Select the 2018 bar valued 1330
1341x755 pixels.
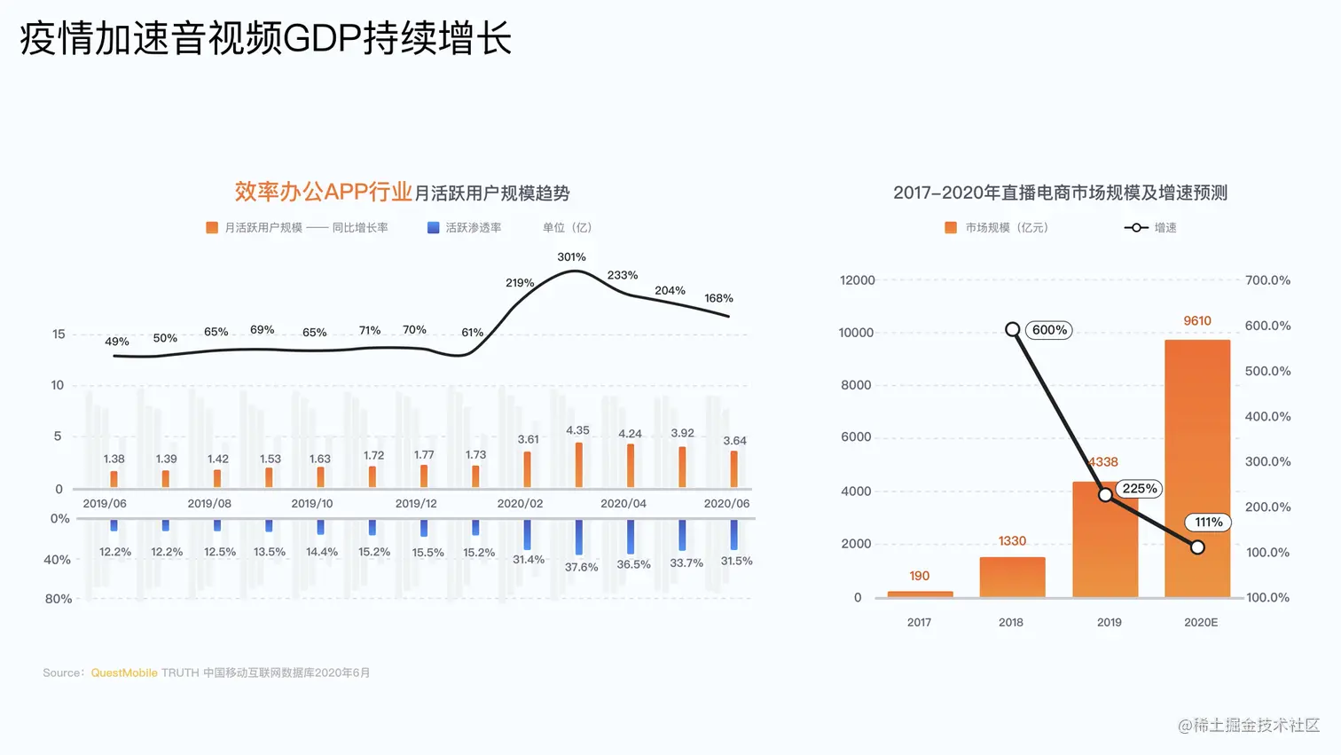[1012, 577]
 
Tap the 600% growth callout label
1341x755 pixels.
[1049, 330]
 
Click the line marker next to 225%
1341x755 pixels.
[1105, 495]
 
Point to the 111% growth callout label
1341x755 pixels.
[1208, 523]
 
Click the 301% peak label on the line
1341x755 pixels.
[571, 257]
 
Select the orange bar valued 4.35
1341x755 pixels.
[578, 465]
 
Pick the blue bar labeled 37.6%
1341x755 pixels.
[578, 537]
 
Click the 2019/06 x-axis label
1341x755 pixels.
[105, 503]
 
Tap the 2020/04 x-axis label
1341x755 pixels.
[623, 503]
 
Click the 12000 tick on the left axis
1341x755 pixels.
[857, 280]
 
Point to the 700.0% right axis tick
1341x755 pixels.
[1267, 280]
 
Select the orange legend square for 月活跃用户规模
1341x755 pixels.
[212, 228]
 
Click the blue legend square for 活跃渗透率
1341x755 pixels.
[434, 228]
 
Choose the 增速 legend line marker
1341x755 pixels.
[1135, 228]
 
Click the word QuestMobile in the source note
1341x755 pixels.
[124, 673]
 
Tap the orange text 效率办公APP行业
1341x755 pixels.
[323, 192]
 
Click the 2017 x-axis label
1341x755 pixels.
[919, 623]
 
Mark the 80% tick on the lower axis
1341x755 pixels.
[59, 599]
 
